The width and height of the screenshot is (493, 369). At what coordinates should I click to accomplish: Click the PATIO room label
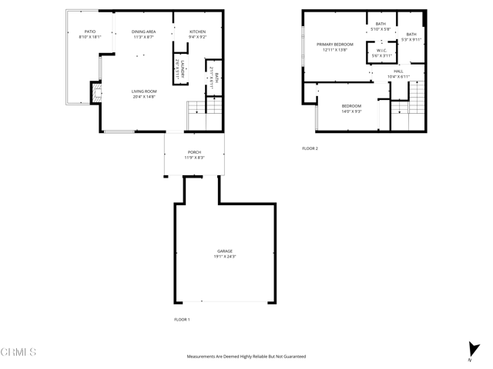89,32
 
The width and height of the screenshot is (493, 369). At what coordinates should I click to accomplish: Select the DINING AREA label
143,32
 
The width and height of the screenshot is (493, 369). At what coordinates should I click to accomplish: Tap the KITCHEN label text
198,32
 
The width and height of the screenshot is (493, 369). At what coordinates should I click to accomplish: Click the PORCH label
194,152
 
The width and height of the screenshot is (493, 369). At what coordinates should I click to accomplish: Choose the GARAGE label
224,251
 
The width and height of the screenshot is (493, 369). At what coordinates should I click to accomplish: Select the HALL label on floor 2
398,71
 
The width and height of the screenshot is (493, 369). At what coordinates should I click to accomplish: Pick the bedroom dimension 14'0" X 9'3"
351,111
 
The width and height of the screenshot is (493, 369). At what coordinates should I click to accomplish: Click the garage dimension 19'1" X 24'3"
224,256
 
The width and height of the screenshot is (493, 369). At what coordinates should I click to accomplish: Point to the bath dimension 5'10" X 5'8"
381,29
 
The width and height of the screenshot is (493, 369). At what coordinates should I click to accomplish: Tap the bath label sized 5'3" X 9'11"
411,34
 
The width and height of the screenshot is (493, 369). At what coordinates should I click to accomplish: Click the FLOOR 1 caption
182,318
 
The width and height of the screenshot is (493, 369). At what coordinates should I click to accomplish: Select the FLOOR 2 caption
310,148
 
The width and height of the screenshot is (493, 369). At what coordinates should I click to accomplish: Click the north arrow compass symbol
472,351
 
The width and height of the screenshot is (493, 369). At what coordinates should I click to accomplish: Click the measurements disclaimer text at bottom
246,357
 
